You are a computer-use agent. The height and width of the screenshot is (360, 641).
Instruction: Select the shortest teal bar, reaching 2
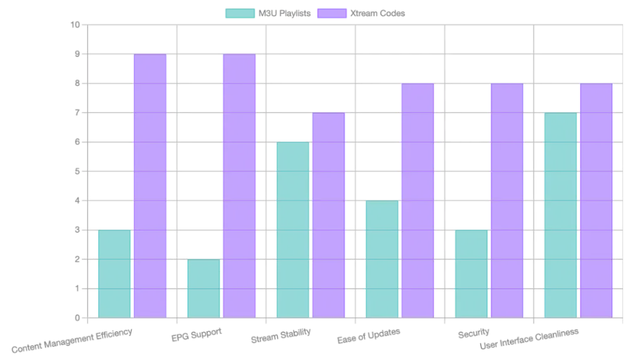[x=203, y=288]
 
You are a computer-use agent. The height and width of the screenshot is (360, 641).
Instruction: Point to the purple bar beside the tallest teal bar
[x=596, y=200]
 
